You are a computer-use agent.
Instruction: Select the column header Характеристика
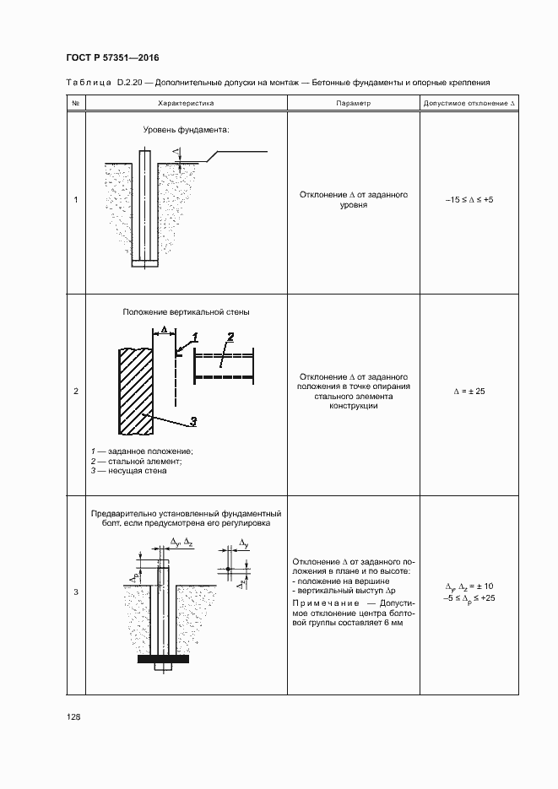tap(186, 103)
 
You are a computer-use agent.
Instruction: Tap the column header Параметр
tap(353, 103)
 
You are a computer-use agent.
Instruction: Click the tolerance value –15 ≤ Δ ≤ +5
tap(469, 200)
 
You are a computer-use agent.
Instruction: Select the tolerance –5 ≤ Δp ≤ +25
tap(469, 597)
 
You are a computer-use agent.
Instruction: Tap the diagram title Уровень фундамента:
tap(186, 131)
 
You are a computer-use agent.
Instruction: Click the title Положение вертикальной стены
tap(186, 312)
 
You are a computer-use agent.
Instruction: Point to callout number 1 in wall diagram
tap(195, 336)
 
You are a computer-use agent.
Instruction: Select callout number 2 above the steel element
tap(230, 336)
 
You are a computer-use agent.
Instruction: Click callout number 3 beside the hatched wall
tap(192, 421)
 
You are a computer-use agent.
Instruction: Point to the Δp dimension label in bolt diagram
tap(136, 576)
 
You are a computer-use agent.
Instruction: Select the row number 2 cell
tap(76, 392)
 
